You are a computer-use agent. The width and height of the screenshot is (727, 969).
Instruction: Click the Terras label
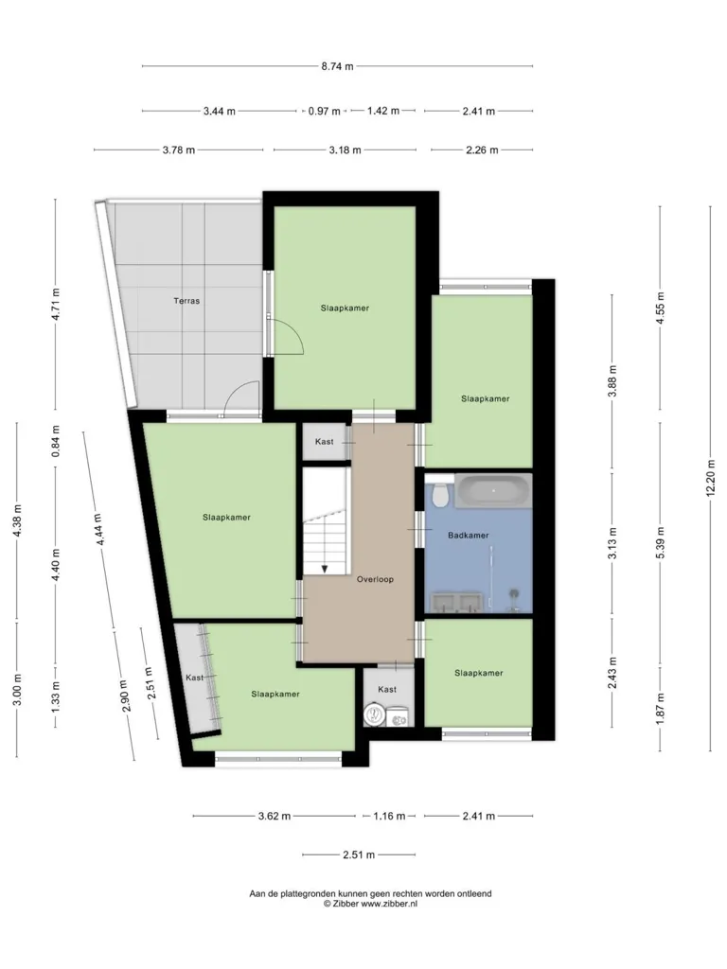[186, 301]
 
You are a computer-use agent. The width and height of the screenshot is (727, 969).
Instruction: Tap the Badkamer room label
[468, 536]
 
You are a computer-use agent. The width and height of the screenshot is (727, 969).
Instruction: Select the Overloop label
[375, 579]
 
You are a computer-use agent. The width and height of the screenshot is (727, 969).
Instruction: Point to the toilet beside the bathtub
[439, 491]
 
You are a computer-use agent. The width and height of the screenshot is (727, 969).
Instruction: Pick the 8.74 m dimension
[337, 66]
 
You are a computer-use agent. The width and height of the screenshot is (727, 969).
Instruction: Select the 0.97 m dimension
[324, 112]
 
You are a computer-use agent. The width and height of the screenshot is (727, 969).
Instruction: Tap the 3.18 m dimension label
[345, 150]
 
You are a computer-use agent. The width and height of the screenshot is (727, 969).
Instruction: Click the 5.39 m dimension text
[660, 543]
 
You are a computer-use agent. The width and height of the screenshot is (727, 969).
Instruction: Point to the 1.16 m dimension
[389, 816]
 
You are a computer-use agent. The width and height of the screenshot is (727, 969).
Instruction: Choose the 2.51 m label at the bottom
[359, 855]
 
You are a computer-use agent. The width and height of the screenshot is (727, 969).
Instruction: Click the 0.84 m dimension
[56, 441]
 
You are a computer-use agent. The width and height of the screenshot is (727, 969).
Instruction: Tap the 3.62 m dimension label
[274, 816]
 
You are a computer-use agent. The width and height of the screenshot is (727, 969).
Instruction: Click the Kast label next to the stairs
[324, 441]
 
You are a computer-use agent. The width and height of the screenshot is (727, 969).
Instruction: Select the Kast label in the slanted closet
[194, 678]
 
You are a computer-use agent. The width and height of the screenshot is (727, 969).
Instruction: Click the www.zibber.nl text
[389, 904]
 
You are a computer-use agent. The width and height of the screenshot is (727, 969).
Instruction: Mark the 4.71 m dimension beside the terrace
[56, 304]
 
